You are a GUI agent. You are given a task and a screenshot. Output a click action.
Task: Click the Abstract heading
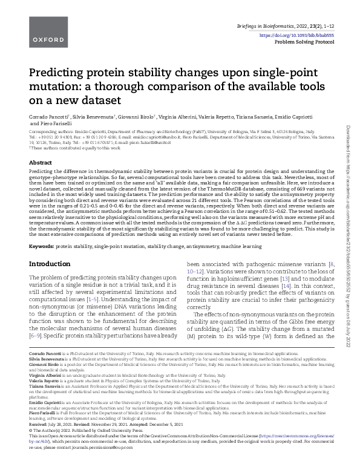40,163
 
